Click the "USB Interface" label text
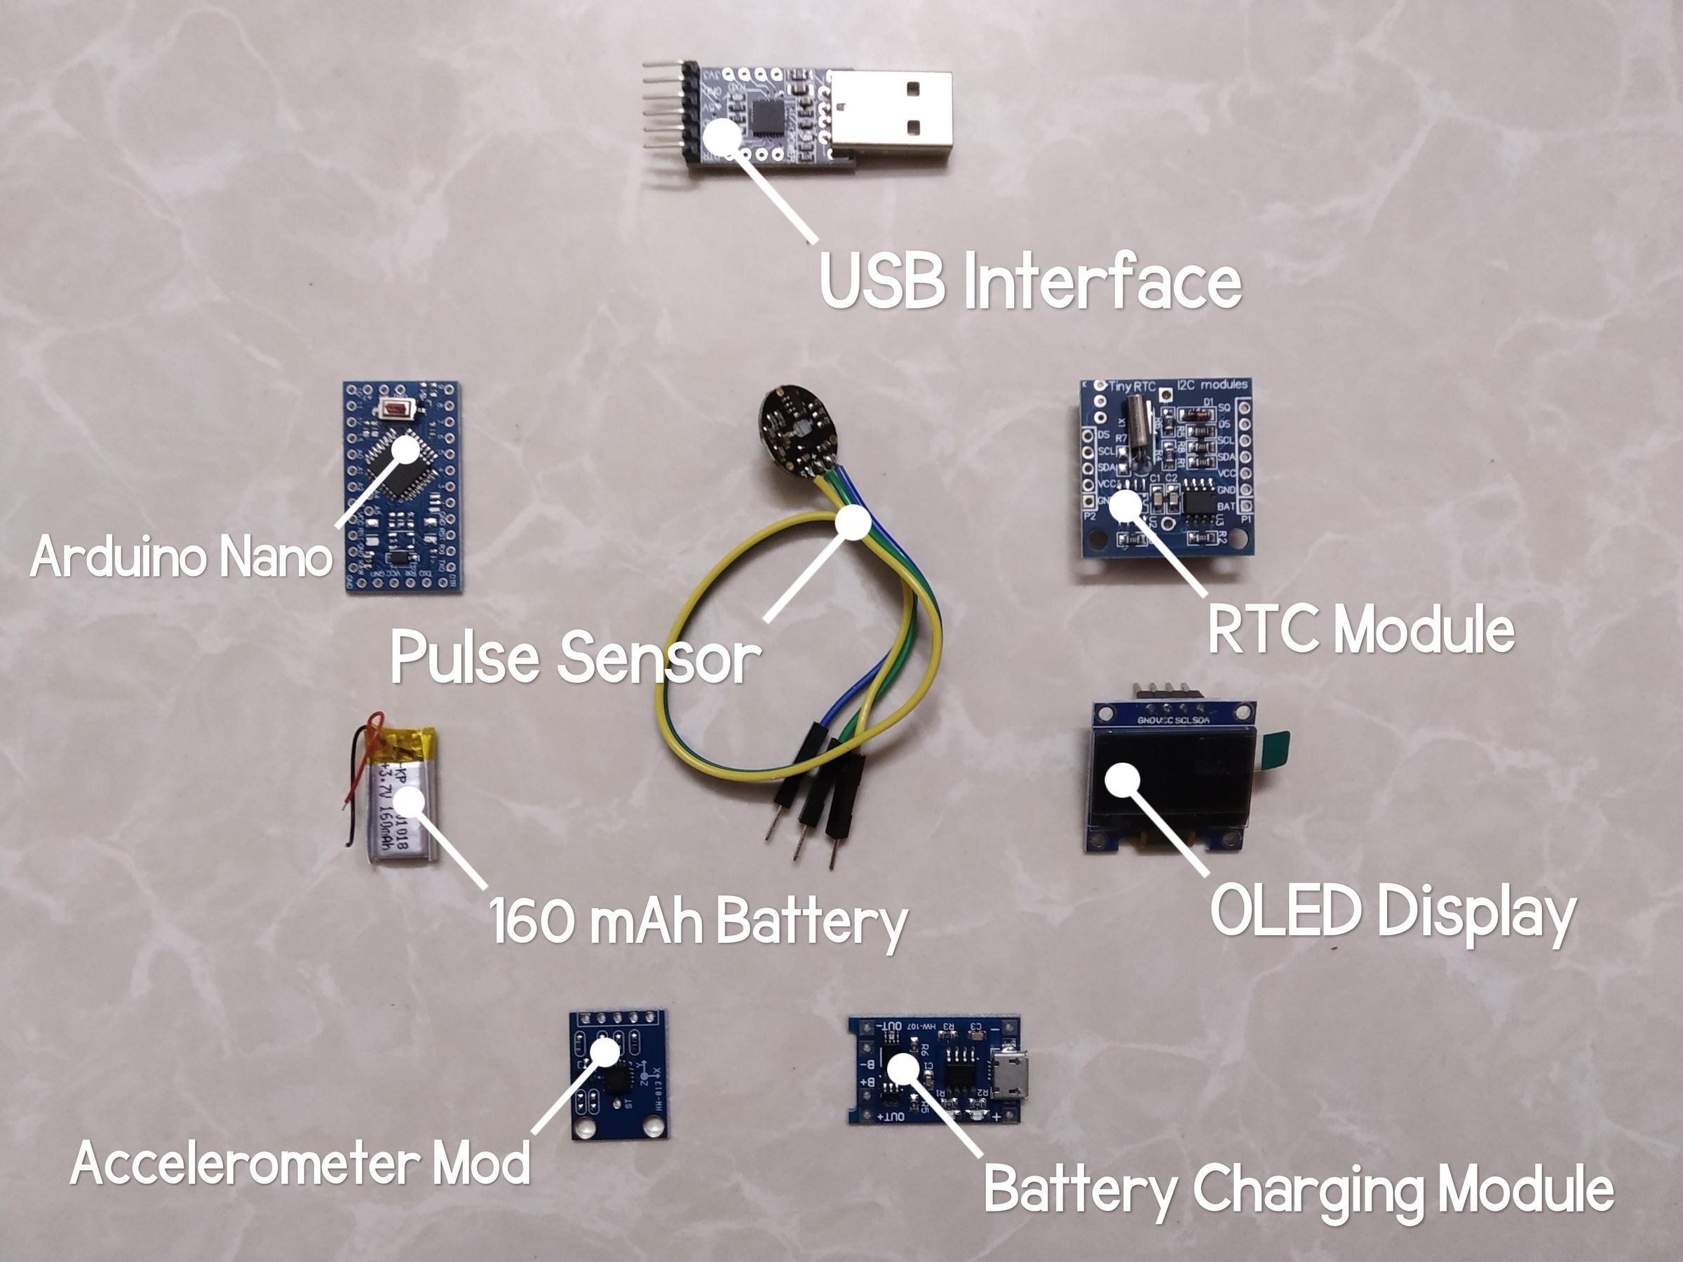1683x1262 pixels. click(1030, 281)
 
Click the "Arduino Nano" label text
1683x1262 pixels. click(181, 557)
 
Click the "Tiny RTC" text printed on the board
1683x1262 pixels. click(1132, 386)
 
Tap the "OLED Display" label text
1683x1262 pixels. click(1393, 913)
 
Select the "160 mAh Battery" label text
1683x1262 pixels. click(698, 921)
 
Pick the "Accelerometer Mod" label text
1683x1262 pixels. click(301, 1164)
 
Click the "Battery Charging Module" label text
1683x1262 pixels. click(1298, 1190)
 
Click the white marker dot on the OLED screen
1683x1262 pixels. click(1122, 780)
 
